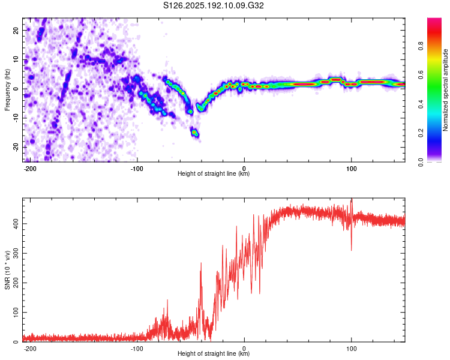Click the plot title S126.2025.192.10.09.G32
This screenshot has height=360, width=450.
[x=214, y=5]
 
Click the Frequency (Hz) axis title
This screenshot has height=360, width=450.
[x=7, y=89]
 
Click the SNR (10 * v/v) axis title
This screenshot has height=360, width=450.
[x=7, y=270]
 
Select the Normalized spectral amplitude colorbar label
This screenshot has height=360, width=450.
[x=445, y=89]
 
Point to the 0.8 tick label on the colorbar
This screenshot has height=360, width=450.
[x=421, y=46]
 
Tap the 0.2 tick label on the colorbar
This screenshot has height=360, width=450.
[x=421, y=133]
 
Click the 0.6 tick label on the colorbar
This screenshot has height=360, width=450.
[x=421, y=75]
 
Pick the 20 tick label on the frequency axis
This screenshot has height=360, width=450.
[x=16, y=31]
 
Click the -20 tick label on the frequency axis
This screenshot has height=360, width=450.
[x=16, y=147]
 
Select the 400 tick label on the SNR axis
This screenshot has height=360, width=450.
[x=16, y=224]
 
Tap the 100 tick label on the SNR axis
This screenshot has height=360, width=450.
[x=16, y=312]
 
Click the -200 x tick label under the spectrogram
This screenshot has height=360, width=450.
[x=29, y=169]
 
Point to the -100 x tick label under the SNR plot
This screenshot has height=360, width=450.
[x=137, y=349]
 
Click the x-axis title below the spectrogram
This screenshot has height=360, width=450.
[x=214, y=173]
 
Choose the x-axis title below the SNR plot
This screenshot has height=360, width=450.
[x=214, y=353]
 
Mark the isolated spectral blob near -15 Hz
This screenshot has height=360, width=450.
[x=195, y=133]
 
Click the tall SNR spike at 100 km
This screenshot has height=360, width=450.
[x=352, y=224]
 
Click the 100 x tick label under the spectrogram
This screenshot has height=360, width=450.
[x=351, y=169]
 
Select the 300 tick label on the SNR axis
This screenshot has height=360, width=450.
[x=16, y=253]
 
